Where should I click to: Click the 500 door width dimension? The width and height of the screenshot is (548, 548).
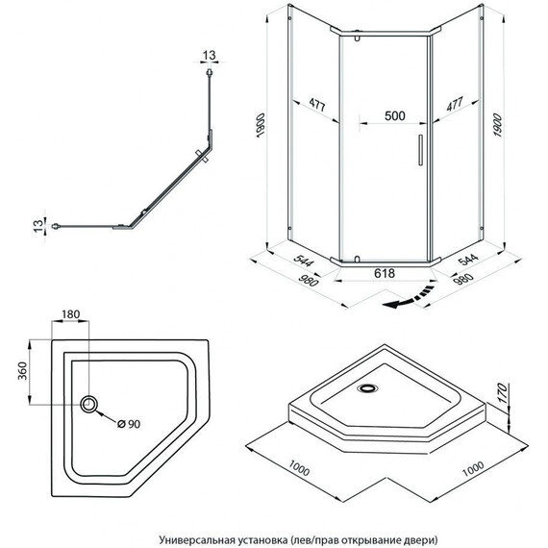pos(395,115)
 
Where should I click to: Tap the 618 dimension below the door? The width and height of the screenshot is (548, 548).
pos(385,273)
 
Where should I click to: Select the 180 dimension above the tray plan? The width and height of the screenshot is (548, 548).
pos(70,314)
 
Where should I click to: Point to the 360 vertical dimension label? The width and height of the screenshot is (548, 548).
pos(22,371)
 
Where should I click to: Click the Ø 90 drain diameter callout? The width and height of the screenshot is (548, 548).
pos(129,424)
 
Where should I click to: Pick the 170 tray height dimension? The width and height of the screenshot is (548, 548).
pos(502,393)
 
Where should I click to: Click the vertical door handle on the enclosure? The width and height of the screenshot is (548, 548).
pos(420,150)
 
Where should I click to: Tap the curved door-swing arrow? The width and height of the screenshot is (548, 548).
pos(409,298)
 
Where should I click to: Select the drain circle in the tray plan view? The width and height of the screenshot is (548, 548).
pos(88,404)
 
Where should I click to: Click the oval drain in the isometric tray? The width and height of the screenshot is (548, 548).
pos(367,388)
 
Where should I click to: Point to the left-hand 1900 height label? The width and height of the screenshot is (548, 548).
pos(262,125)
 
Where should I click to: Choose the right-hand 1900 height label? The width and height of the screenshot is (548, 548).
pos(497,125)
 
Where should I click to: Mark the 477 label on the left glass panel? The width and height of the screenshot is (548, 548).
pos(317,105)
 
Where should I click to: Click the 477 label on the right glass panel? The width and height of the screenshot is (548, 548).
pos(455,104)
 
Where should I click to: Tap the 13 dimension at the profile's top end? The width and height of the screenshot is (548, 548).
pos(209,55)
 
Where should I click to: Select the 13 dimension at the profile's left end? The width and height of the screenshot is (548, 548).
pos(38,225)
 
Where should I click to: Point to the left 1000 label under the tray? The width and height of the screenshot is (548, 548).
pos(299,468)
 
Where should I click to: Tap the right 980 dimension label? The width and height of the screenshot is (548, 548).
pos(463,280)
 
